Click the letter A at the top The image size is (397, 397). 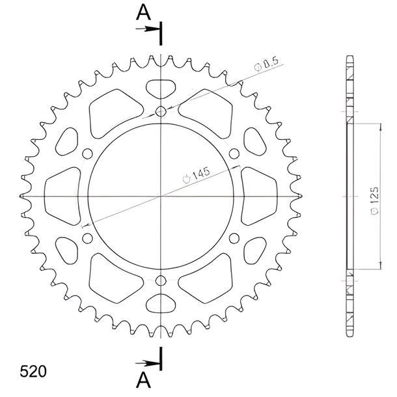143,12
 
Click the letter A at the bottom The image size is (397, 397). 143,381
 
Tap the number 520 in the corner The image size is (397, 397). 33,372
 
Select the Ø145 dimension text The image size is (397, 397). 197,175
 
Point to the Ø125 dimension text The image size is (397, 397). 375,201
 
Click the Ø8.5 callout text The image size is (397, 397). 266,64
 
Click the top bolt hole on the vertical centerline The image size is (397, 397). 161,111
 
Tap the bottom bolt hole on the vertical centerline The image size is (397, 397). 161,281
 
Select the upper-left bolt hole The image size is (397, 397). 87,154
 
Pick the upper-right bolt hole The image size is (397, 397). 234,154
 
